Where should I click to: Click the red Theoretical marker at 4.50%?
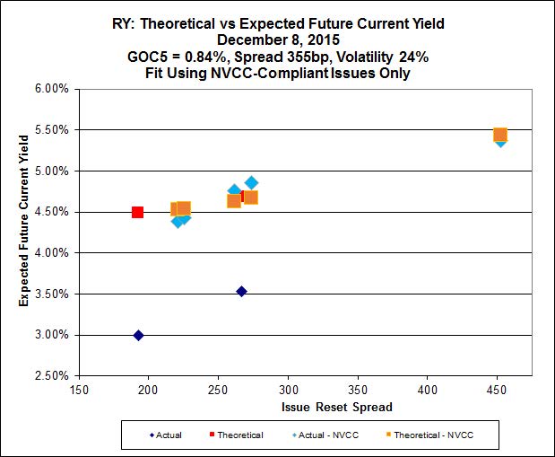click(x=137, y=212)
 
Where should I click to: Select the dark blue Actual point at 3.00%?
click(x=138, y=335)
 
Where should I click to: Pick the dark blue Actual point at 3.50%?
click(x=241, y=291)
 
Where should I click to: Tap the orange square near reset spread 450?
click(x=500, y=135)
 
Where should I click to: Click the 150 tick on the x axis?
click(x=80, y=391)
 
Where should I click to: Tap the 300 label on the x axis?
click(x=289, y=391)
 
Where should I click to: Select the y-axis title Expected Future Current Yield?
click(x=24, y=232)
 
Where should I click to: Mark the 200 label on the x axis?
click(x=150, y=391)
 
